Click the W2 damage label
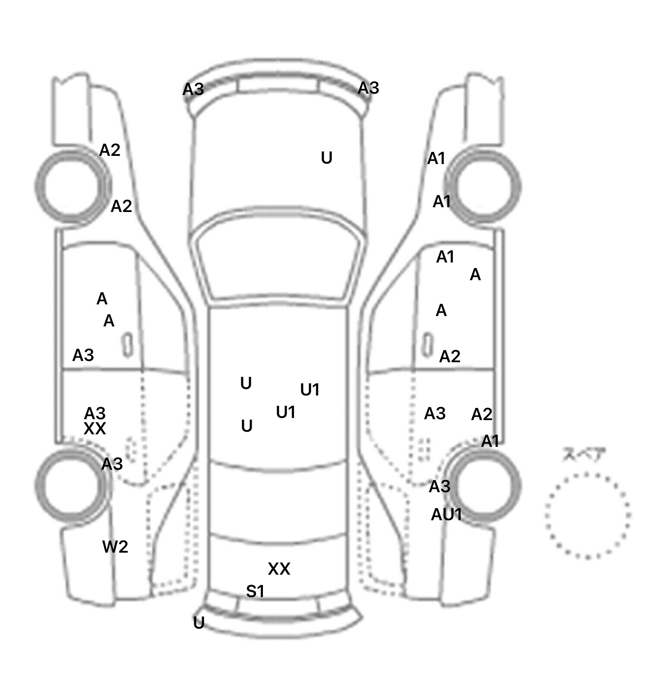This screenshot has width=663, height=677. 115,547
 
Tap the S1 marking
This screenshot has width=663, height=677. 255,592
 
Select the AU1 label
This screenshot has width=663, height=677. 446,515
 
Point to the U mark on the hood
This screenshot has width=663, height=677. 327,158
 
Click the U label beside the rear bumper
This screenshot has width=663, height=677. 199,623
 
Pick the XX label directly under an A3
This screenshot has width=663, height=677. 95,429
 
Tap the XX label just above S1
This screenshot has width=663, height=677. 279,569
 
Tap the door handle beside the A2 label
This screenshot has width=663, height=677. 427,345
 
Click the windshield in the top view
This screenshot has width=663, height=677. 278,259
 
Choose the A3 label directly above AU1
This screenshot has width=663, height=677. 439,487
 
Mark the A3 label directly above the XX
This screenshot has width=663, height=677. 95,413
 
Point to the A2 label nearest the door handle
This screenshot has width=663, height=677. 450,357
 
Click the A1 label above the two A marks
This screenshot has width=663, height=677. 445,257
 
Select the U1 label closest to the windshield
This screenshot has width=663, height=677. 309,390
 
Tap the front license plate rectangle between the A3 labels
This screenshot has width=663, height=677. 278,85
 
